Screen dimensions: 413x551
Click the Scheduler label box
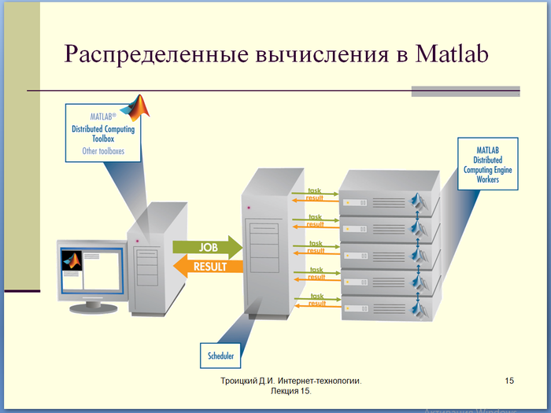tap(220, 356)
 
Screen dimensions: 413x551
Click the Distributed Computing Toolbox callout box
tap(102, 134)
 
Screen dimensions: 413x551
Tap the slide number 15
tap(509, 381)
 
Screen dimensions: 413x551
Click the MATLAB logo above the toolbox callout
tap(139, 107)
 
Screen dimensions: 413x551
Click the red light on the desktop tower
tap(139, 239)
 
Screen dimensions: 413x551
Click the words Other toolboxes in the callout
tap(103, 150)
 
